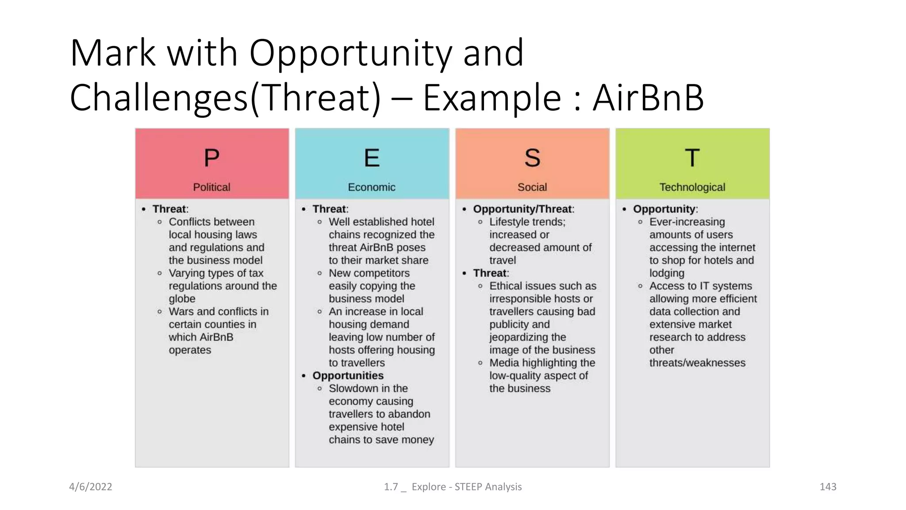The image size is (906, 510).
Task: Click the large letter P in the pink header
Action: tap(211, 158)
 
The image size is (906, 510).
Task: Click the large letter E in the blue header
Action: tap(372, 158)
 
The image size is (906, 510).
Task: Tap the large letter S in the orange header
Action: tap(532, 158)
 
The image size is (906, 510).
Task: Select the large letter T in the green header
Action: tap(692, 158)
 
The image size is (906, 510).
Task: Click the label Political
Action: tap(211, 187)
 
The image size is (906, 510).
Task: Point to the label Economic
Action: tap(372, 187)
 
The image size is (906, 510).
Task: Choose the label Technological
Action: tap(692, 187)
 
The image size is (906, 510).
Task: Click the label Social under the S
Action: tap(532, 187)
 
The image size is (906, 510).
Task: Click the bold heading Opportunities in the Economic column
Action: tap(348, 375)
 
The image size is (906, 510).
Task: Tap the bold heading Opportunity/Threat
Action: tap(523, 209)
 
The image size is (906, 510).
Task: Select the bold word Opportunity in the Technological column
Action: tap(664, 209)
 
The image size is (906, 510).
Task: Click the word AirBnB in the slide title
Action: tap(648, 97)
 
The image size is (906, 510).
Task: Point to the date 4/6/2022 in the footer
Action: tap(91, 487)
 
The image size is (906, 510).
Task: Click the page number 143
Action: tap(828, 487)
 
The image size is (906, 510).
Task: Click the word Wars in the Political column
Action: tap(181, 312)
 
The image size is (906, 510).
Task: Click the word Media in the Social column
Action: tap(504, 363)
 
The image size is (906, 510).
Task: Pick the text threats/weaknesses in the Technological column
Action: tap(697, 363)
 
